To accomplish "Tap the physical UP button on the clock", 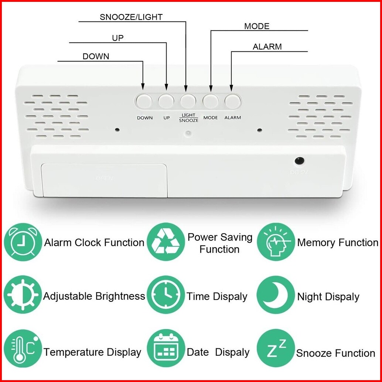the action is [x=166, y=101].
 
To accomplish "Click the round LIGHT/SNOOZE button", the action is [x=188, y=100].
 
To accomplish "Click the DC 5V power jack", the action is [x=299, y=161].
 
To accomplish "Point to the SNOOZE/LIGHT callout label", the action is [x=131, y=17].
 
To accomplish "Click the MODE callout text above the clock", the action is [x=257, y=26].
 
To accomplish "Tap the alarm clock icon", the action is [x=23, y=242].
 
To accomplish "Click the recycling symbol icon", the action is [x=166, y=242].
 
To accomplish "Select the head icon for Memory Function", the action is [x=276, y=242].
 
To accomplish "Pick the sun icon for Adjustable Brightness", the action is [x=23, y=296].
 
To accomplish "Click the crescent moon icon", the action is [x=276, y=296].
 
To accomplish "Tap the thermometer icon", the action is [x=23, y=351].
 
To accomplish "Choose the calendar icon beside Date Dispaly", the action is [x=166, y=351].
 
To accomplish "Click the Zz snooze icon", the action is [x=276, y=351].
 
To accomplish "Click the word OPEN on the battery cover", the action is [x=105, y=178].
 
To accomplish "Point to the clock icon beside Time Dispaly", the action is [x=166, y=296].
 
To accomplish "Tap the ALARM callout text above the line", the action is [x=267, y=47].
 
